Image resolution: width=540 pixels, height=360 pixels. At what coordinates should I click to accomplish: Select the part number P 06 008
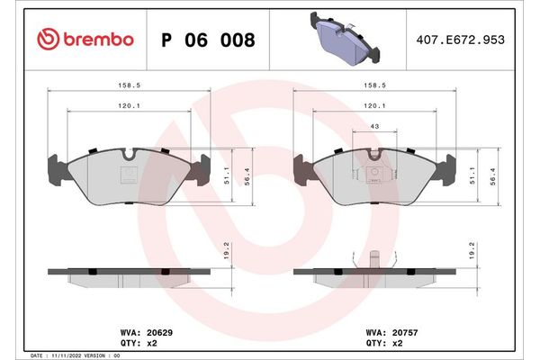207,40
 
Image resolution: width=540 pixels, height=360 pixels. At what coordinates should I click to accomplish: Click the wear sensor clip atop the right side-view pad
371,259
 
